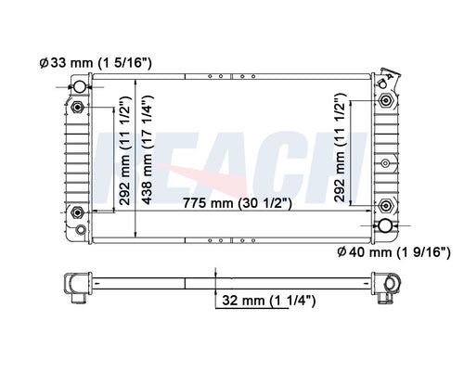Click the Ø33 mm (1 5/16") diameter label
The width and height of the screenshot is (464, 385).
[x=96, y=63]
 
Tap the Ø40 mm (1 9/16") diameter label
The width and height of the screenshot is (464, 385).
[x=393, y=252]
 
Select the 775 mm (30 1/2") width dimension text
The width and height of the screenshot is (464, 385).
[x=237, y=203]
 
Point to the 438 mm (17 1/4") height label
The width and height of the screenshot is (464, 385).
[x=148, y=150]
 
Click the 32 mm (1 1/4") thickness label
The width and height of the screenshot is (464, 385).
[x=269, y=301]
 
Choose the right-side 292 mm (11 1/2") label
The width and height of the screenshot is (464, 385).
[x=340, y=148]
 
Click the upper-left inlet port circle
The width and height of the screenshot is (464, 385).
[x=79, y=87]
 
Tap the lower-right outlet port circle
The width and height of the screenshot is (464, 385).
[x=385, y=226]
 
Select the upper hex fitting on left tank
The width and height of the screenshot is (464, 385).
[x=77, y=108]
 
